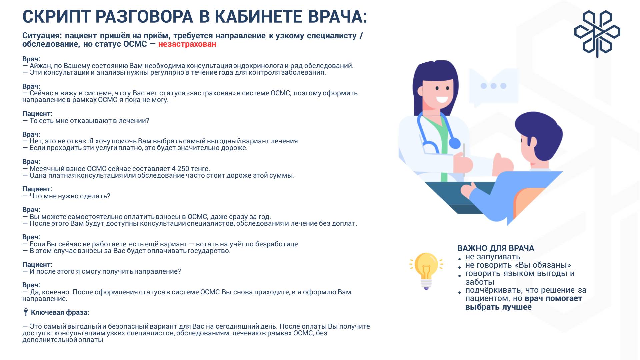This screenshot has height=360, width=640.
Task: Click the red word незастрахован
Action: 187,44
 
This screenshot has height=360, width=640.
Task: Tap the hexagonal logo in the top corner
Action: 597,34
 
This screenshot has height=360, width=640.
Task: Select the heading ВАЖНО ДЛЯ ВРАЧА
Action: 495,248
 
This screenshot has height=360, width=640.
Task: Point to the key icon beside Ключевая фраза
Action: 26,312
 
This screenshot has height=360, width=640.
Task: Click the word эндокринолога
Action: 258,66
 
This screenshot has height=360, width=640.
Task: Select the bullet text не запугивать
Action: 493,257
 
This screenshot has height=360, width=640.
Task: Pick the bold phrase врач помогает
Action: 553,298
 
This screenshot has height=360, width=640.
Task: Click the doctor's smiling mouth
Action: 442,99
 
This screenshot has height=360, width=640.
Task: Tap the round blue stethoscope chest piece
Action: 455,143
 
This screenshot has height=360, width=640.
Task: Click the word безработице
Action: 277,244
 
